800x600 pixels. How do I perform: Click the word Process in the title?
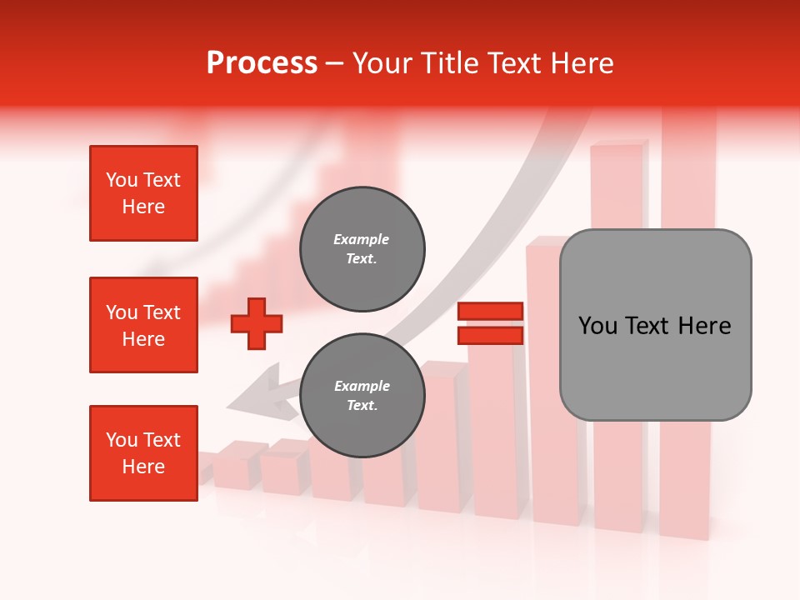(x=262, y=63)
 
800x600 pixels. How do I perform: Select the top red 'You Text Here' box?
(x=143, y=193)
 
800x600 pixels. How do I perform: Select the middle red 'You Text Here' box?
(x=143, y=325)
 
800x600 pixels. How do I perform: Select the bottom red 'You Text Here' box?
(x=143, y=453)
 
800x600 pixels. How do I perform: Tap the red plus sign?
(x=257, y=322)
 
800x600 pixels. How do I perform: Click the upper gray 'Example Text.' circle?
(x=362, y=249)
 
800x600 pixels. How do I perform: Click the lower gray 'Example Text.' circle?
(x=362, y=395)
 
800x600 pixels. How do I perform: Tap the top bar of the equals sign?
(x=490, y=312)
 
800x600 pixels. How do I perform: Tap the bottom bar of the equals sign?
(x=490, y=335)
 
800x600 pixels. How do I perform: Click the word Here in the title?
(x=582, y=63)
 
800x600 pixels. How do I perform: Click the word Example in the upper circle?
(x=362, y=240)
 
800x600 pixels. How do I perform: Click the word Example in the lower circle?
(x=362, y=386)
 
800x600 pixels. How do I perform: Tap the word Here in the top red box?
(x=143, y=207)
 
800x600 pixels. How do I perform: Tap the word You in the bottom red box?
(x=122, y=440)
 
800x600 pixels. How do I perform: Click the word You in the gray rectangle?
(x=598, y=326)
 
